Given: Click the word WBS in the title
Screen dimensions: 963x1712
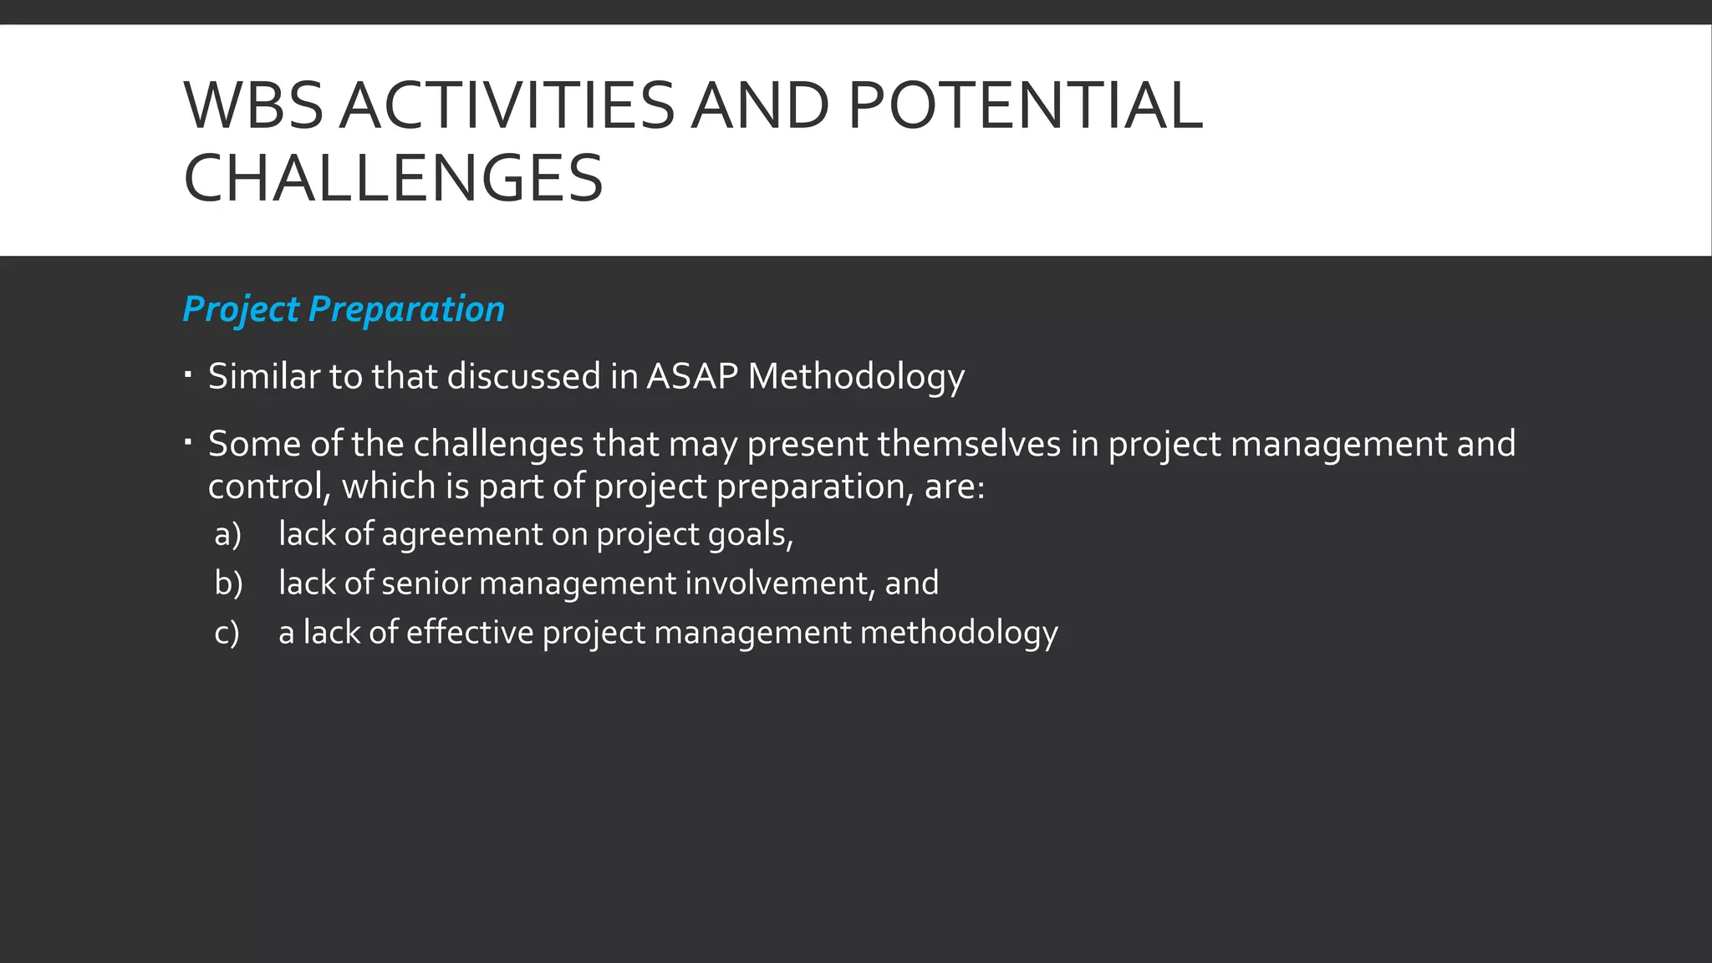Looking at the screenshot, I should (x=253, y=106).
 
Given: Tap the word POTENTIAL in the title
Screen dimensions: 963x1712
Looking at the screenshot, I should (x=1025, y=106).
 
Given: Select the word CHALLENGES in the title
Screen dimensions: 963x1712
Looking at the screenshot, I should (x=393, y=179).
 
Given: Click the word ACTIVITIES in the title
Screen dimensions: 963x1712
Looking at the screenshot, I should (x=507, y=106).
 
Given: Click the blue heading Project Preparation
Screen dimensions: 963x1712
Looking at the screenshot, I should (x=344, y=309).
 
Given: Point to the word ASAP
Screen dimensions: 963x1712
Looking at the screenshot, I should (x=692, y=376).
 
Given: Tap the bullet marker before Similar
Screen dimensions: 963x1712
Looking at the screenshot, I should (x=188, y=374).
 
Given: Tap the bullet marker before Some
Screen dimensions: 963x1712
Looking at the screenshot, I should (x=188, y=441).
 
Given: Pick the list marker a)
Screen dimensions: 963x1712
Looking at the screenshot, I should (x=227, y=535).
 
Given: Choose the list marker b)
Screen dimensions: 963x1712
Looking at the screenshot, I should (x=228, y=583).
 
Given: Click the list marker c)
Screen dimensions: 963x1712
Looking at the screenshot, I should (x=227, y=633).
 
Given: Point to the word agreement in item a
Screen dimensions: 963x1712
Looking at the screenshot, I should (x=461, y=535).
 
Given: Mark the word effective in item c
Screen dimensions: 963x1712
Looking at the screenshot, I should (x=470, y=633).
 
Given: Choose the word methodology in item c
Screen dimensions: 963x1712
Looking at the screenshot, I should (x=959, y=633).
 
